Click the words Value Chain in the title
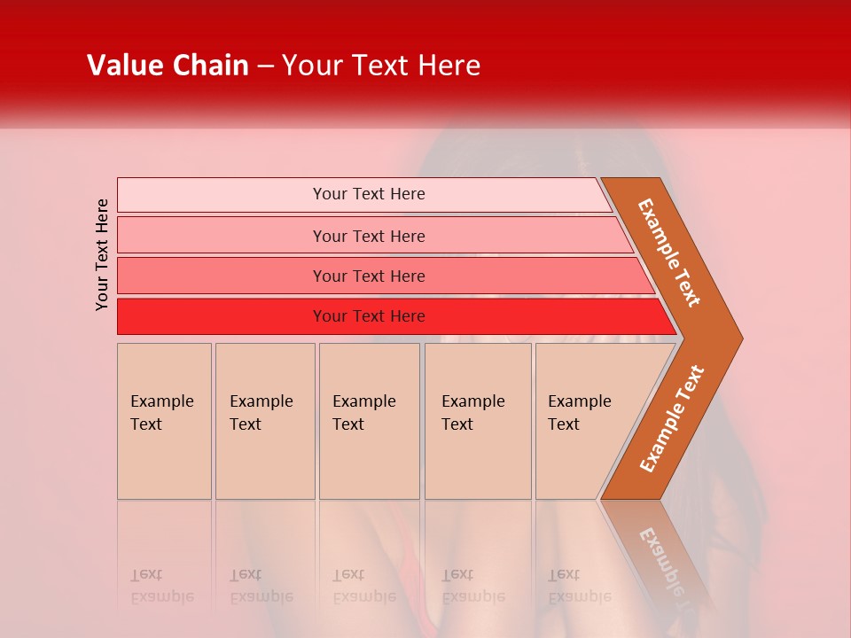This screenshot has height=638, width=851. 168,66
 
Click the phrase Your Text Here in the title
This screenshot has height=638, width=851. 381,66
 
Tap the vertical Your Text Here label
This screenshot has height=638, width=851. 103,254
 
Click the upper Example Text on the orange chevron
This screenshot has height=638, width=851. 669,252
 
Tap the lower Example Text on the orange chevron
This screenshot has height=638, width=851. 671,419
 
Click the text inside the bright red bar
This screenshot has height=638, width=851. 369,316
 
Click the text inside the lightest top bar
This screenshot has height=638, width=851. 369,194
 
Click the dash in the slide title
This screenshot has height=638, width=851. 265,66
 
